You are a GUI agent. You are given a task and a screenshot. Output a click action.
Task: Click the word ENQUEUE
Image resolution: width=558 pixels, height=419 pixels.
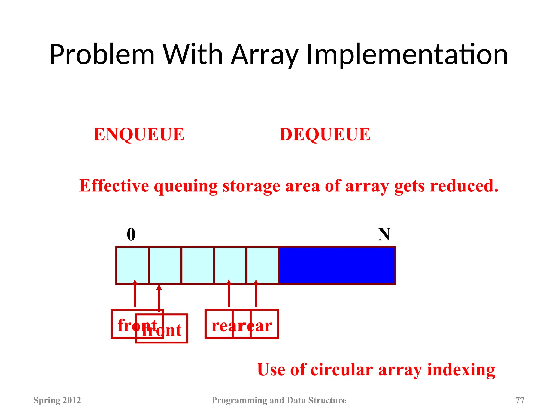click(x=139, y=134)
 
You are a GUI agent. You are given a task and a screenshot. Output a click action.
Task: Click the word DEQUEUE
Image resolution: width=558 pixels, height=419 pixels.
click(x=325, y=134)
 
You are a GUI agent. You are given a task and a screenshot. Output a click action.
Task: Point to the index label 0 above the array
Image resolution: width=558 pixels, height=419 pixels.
click(x=131, y=234)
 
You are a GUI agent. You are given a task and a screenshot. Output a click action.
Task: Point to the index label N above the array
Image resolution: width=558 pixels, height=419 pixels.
click(x=384, y=234)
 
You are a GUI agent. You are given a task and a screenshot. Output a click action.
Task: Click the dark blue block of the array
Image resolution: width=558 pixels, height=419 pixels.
click(x=337, y=265)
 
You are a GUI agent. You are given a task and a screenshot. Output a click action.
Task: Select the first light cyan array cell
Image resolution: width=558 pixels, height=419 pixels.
click(x=132, y=265)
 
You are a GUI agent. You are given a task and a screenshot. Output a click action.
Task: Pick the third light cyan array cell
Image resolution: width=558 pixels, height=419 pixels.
click(x=198, y=265)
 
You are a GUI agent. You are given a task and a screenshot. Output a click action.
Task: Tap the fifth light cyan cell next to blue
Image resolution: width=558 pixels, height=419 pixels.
click(x=263, y=265)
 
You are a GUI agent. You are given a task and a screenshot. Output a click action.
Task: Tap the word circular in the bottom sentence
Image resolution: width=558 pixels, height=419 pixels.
click(x=342, y=370)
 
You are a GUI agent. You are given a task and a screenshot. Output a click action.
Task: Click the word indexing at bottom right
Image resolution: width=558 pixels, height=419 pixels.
click(x=461, y=370)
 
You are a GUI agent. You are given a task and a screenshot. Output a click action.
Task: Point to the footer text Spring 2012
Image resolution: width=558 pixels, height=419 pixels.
click(x=57, y=400)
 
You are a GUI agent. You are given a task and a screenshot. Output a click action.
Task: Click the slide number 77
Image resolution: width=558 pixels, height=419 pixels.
click(x=520, y=400)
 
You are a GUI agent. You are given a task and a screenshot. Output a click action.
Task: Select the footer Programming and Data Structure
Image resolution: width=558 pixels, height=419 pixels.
click(x=279, y=400)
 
